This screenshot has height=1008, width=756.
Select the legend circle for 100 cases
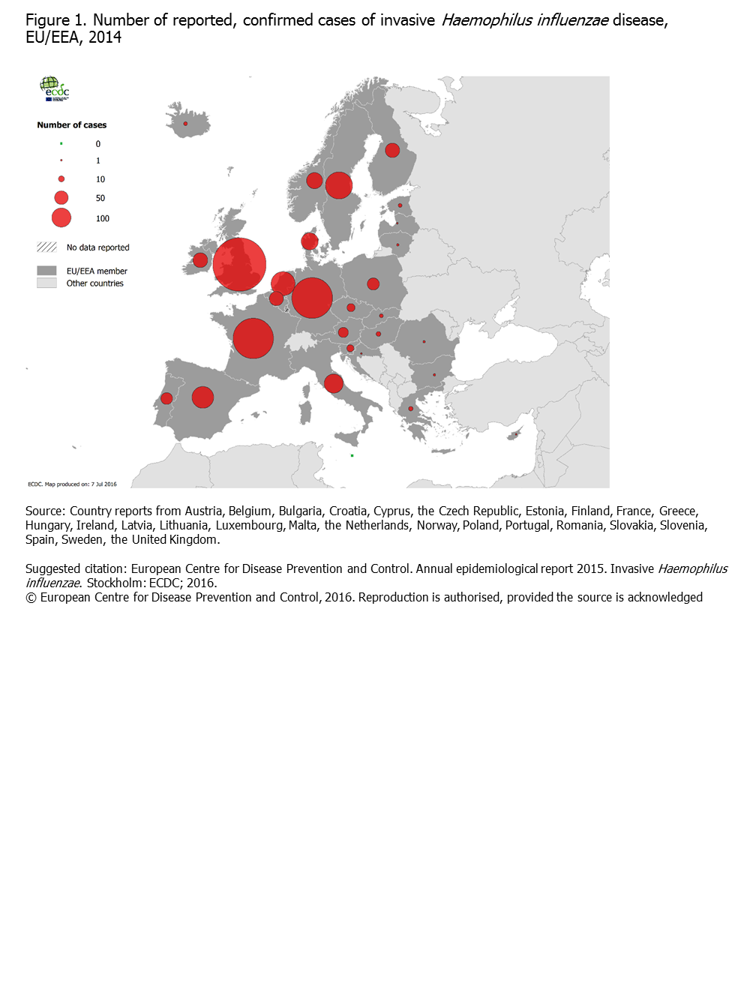click(61, 218)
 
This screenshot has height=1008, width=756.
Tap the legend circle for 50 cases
click(61, 198)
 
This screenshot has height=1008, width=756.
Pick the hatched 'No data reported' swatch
click(46, 247)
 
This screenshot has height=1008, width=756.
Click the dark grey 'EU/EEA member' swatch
click(46, 271)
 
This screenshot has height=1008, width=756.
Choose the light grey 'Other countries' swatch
click(46, 283)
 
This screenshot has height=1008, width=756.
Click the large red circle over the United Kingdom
click(239, 265)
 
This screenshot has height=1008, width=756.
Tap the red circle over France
click(253, 338)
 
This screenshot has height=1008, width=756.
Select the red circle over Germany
click(312, 298)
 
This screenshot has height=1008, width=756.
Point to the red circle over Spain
click(202, 397)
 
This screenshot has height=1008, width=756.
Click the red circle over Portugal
click(166, 398)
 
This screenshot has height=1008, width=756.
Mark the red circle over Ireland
click(200, 260)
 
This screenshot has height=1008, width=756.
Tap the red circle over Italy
click(334, 383)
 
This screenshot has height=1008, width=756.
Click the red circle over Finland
click(392, 150)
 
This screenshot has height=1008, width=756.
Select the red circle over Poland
click(373, 283)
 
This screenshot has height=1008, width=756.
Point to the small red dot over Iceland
click(185, 124)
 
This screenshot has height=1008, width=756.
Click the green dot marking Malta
click(352, 455)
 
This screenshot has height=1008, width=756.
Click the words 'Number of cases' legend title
click(72, 125)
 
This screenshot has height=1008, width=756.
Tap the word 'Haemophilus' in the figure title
click(486, 20)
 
